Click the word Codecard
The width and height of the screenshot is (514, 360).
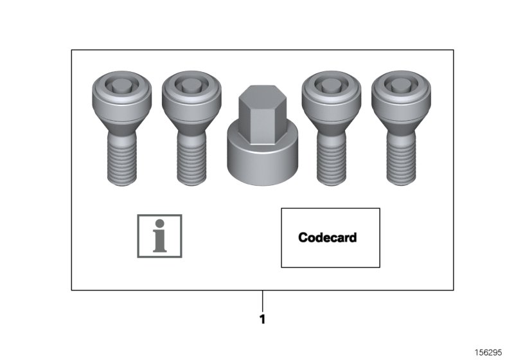[x=327, y=237]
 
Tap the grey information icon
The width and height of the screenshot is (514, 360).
[x=159, y=236]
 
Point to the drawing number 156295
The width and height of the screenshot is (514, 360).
[x=490, y=353]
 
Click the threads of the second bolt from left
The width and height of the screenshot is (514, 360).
[x=191, y=161]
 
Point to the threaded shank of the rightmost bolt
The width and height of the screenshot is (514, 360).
[x=402, y=161]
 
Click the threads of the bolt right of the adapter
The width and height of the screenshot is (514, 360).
[x=332, y=161]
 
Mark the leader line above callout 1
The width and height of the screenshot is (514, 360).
[x=262, y=300]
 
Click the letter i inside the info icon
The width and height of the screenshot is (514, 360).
[x=159, y=237]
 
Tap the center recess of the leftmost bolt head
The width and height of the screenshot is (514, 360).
[x=121, y=85]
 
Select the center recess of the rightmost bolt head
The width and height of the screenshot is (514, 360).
[x=402, y=85]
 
